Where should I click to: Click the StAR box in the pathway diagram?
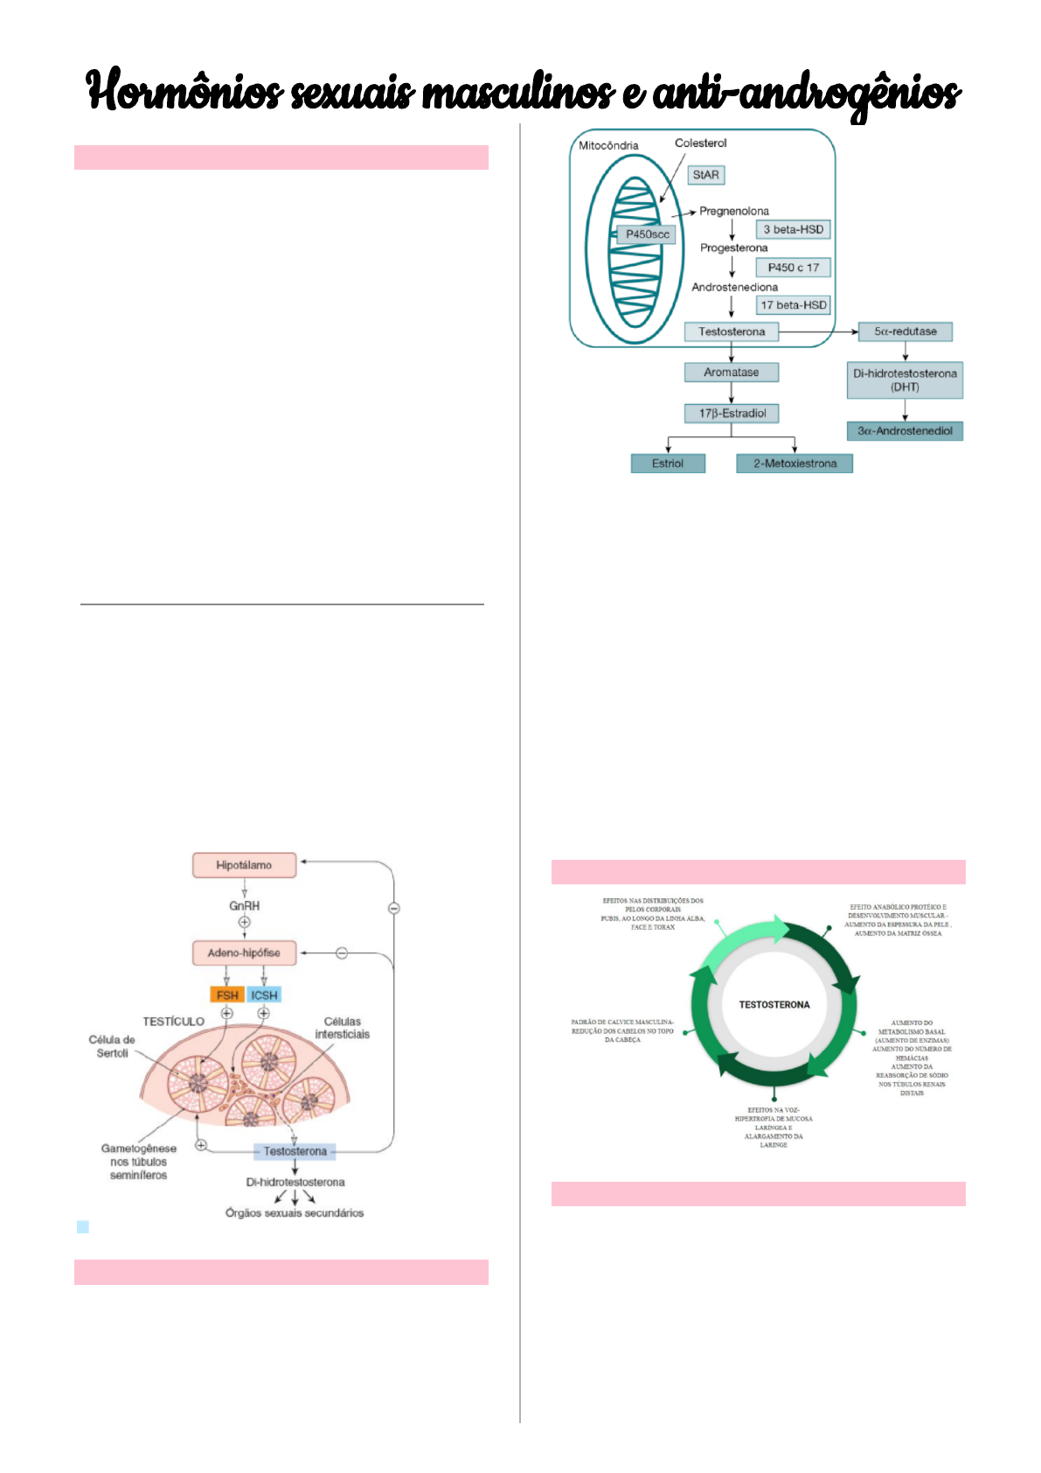(705, 175)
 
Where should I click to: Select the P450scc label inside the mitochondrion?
(648, 234)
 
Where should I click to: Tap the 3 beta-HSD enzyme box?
(793, 229)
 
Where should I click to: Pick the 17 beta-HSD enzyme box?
(793, 305)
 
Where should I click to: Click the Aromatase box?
(732, 373)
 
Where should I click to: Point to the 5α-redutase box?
(906, 332)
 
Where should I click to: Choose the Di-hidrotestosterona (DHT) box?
(905, 380)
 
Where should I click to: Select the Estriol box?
(668, 464)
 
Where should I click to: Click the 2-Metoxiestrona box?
(795, 464)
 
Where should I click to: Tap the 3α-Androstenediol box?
(905, 431)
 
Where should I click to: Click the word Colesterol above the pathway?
(700, 143)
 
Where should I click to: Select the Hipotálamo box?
(244, 865)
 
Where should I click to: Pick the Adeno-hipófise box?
(244, 953)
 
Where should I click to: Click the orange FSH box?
(227, 995)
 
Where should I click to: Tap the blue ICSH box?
(264, 995)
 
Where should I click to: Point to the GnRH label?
(245, 906)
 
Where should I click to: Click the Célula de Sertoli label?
(112, 1046)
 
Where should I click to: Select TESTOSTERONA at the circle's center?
(774, 1005)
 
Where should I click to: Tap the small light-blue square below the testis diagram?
(83, 1227)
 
